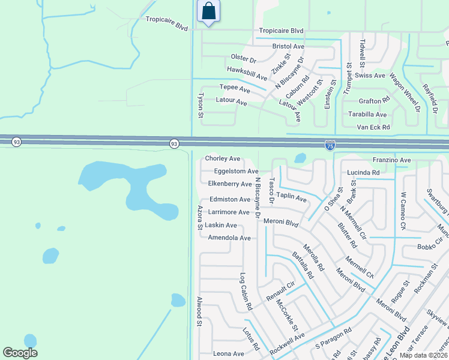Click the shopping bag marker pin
208,11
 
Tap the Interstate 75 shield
330,145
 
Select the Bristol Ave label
289,46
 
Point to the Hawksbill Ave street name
247,73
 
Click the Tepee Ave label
235,89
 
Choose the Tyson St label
200,104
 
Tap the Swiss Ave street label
370,76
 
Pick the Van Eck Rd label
373,127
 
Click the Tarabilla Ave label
367,114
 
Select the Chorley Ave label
223,158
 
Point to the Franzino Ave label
391,160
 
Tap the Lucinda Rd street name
363,172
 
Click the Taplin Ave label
291,199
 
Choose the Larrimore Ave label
229,212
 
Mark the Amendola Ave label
229,238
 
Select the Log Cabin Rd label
246,292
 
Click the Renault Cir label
280,292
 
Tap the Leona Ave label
229,354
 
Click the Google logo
20,353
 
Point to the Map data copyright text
423,356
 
